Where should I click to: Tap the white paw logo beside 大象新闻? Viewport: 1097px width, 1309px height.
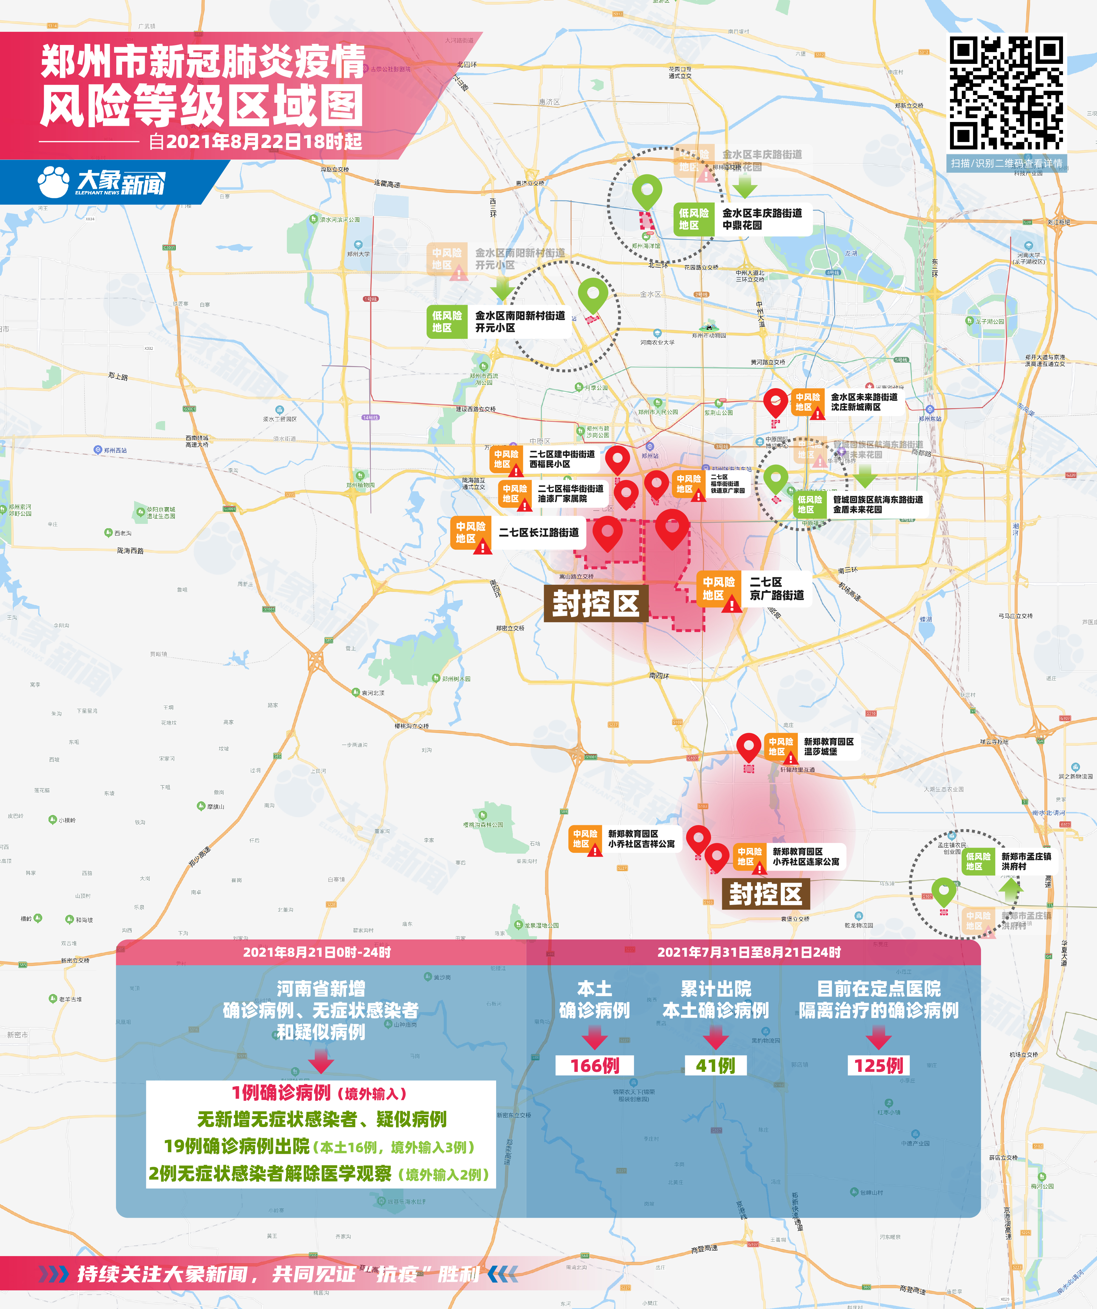pos(54,182)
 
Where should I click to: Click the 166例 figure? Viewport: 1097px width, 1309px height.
pos(594,1065)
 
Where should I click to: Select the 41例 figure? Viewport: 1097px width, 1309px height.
pos(715,1065)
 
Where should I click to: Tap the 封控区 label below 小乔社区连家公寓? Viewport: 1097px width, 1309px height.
pos(765,894)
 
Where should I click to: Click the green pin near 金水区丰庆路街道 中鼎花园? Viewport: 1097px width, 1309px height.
pos(647,190)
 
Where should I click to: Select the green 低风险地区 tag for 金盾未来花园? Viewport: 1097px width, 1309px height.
pos(810,504)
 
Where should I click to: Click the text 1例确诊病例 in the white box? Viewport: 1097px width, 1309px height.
pos(281,1093)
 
